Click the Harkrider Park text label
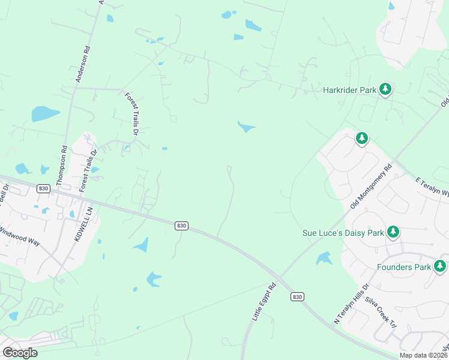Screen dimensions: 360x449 click(349, 90)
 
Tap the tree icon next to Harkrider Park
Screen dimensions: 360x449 click(385, 90)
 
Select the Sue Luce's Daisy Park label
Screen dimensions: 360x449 click(343, 232)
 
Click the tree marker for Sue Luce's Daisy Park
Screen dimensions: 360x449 click(393, 232)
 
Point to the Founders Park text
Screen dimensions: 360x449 click(404, 266)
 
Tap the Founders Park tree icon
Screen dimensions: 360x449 click(440, 266)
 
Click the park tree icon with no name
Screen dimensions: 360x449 click(361, 139)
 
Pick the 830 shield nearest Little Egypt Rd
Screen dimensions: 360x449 click(297, 296)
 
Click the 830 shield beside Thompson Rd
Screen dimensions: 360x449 click(43, 188)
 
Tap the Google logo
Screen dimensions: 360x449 click(20, 353)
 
